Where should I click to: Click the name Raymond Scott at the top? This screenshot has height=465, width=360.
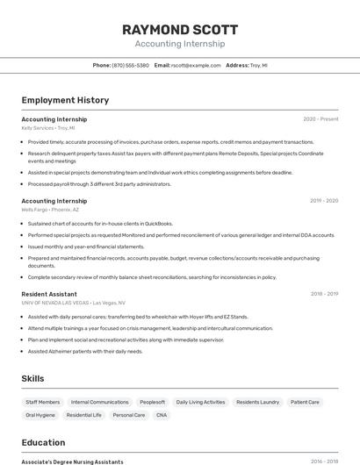(179, 29)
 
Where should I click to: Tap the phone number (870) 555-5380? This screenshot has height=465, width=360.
(130, 65)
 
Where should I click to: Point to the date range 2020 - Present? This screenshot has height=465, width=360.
(320, 118)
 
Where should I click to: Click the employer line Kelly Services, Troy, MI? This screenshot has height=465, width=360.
(48, 128)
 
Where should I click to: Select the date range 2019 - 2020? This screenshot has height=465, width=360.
(324, 200)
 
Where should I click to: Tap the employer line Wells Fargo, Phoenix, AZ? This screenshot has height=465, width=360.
(50, 210)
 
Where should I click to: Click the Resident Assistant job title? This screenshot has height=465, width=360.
(49, 294)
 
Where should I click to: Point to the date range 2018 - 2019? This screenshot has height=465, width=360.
(324, 294)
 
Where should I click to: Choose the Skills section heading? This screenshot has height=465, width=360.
(33, 378)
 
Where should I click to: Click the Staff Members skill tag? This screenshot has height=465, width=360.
(43, 402)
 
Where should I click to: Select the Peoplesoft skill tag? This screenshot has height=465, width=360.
(152, 402)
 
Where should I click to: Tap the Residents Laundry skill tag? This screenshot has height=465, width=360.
(258, 402)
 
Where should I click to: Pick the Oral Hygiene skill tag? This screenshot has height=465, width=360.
(40, 414)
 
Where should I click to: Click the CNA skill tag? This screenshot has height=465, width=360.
(162, 414)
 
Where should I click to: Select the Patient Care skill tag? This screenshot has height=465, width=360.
(305, 402)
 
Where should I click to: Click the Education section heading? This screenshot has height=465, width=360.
(43, 442)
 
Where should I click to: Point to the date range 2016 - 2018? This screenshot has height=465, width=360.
(324, 461)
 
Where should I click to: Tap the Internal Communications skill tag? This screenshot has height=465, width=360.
(99, 402)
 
